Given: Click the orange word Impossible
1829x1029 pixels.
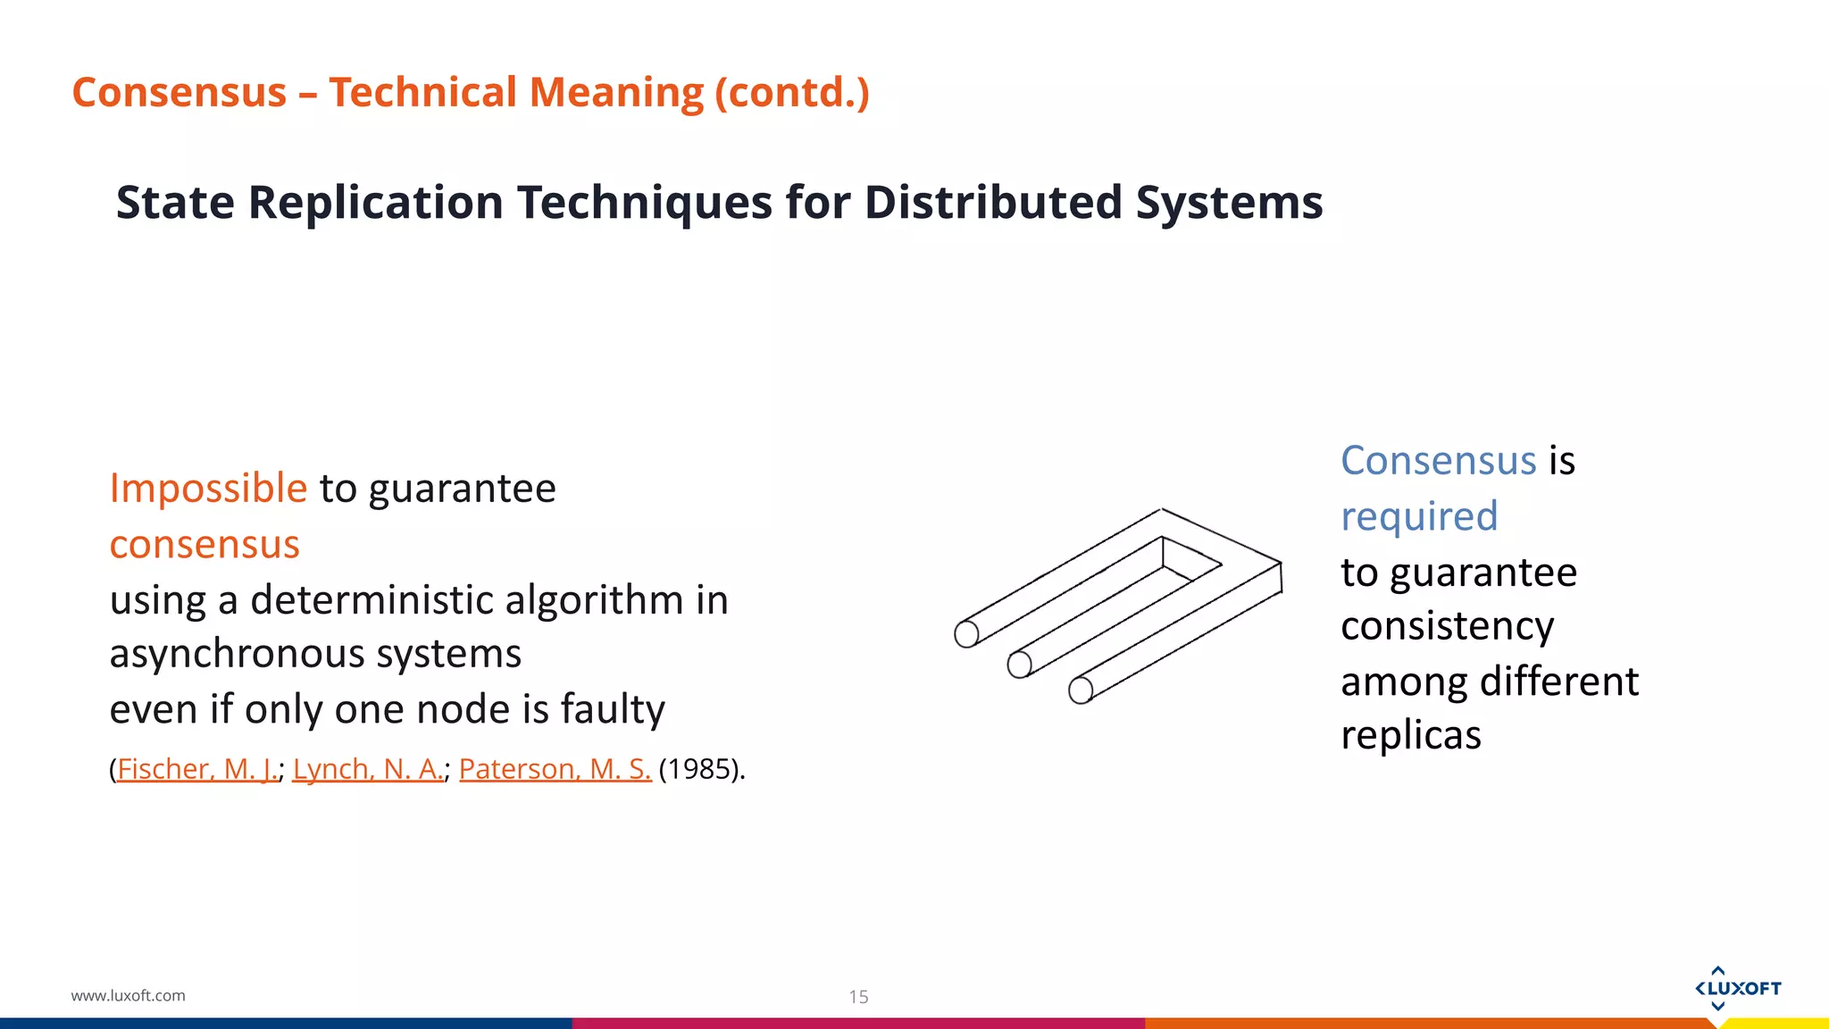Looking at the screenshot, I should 208,489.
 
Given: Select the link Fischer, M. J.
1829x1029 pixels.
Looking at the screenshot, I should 197,769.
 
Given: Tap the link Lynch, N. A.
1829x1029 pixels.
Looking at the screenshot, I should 367,769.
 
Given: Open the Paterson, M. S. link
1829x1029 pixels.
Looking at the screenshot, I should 555,769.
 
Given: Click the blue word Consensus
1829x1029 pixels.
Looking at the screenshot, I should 1438,461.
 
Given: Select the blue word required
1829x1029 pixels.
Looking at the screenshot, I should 1419,516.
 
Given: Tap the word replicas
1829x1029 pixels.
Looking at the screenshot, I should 1411,735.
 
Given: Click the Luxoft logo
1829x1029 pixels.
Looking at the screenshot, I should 1737,988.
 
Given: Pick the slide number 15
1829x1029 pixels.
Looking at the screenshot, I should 858,997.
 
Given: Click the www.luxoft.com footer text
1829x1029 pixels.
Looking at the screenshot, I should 129,995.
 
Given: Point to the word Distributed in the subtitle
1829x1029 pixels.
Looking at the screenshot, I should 992,202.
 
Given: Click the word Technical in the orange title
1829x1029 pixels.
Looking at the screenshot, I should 424,93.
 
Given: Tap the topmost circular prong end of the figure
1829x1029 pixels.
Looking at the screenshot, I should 966,634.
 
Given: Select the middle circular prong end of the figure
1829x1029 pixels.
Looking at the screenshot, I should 1019,665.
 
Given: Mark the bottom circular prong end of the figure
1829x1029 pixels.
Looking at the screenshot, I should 1081,690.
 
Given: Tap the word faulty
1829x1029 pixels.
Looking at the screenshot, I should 613,709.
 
